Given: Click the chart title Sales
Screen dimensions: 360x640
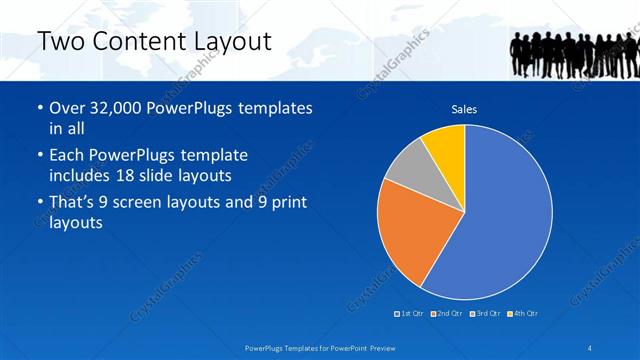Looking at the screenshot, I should pyautogui.click(x=464, y=109).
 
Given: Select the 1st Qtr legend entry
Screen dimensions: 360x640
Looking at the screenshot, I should pyautogui.click(x=409, y=314).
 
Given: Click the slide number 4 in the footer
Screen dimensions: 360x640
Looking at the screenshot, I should pyautogui.click(x=589, y=347).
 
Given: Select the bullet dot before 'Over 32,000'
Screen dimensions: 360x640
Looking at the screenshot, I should pyautogui.click(x=39, y=108).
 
